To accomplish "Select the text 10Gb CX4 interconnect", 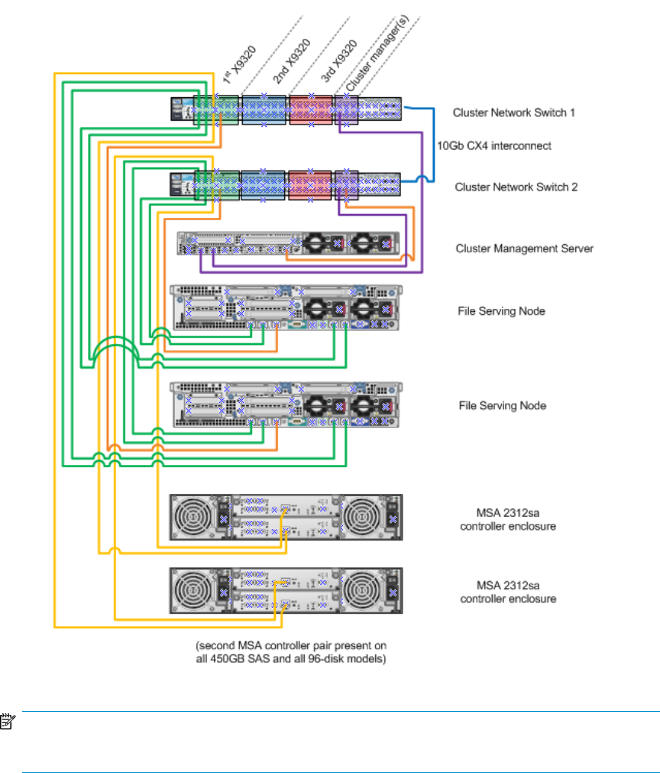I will (493, 145).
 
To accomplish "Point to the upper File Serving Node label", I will (502, 311).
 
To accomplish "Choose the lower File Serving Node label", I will (502, 405).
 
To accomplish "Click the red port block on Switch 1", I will (310, 109).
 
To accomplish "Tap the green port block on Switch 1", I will (216, 109).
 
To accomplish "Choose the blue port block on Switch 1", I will (262, 109).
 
